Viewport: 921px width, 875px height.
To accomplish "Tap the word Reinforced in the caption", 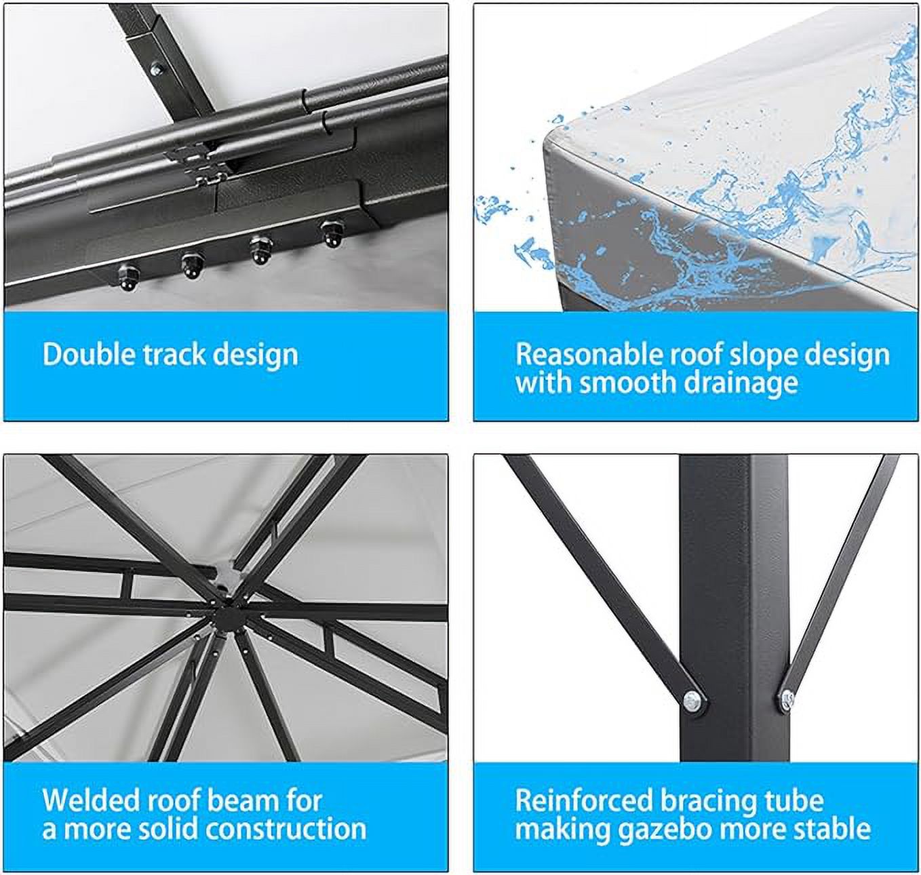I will tap(583, 800).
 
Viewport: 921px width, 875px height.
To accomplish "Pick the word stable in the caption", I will tap(833, 829).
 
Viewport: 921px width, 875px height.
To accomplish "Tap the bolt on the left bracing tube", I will tap(691, 699).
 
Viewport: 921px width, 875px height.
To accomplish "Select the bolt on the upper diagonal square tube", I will tap(157, 68).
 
